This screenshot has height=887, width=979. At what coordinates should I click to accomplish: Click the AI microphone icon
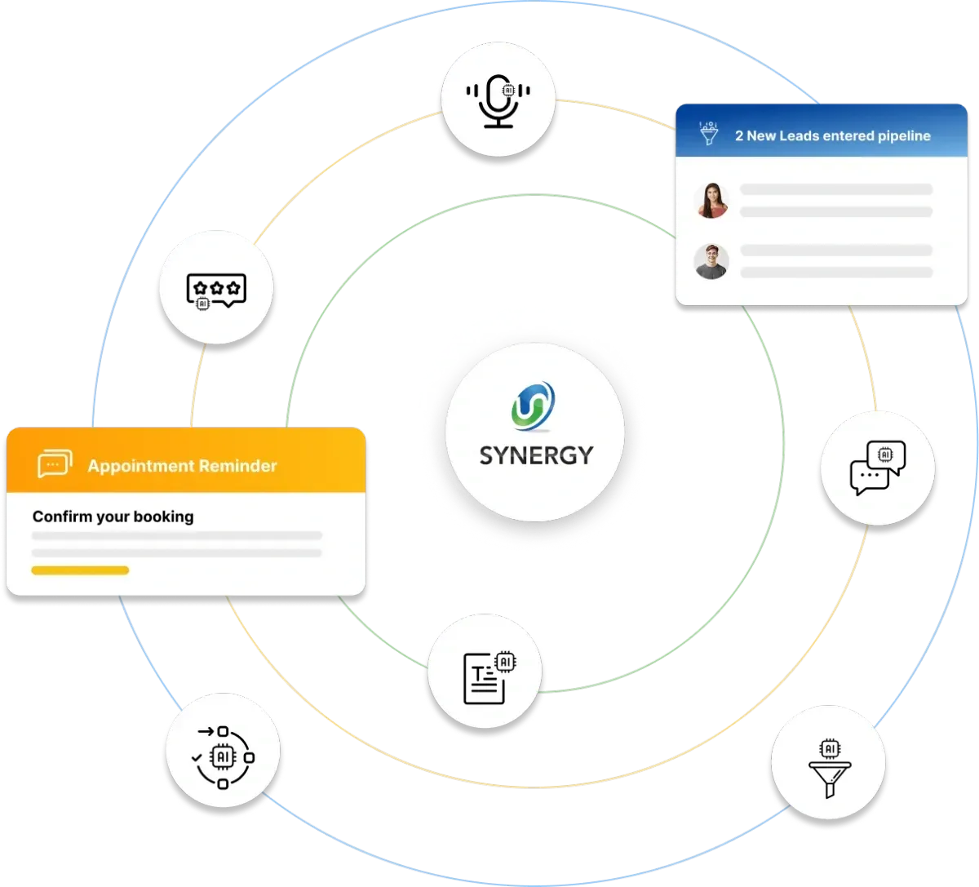(x=498, y=100)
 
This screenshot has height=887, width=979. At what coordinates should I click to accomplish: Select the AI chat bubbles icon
(x=878, y=468)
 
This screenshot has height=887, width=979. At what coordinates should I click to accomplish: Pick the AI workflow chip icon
(x=223, y=756)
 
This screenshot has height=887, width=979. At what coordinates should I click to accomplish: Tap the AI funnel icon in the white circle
(x=829, y=766)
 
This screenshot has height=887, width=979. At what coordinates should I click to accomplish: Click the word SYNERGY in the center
(x=536, y=455)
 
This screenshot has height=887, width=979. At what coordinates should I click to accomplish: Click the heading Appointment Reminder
(x=182, y=466)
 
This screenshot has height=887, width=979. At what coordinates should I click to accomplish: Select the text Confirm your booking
(x=113, y=517)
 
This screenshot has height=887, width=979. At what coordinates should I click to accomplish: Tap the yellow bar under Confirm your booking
(x=80, y=570)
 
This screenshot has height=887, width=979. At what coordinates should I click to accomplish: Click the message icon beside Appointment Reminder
(x=55, y=464)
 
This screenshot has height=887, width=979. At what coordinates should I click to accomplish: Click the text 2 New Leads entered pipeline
(x=832, y=135)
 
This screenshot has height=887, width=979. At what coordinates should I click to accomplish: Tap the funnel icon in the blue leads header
(x=708, y=134)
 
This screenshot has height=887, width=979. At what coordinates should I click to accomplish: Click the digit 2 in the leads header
(x=739, y=135)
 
